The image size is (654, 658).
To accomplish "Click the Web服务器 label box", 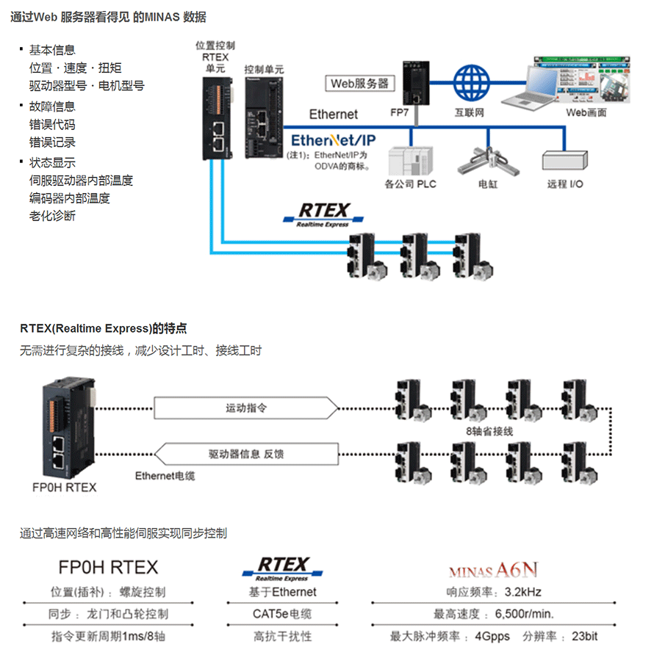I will coord(359,83).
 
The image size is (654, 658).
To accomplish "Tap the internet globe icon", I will coord(470,83).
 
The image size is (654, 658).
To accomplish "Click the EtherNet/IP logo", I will coord(334,140).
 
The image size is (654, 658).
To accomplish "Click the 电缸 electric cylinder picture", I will coord(486,159).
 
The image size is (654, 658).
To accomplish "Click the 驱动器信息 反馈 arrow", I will coord(246,454).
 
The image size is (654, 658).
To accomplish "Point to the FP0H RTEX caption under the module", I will coord(65,487).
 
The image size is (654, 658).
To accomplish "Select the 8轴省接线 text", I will coord(489,430).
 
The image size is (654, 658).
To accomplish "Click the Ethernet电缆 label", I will coord(165,476).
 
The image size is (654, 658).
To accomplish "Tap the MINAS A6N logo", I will coord(494,569).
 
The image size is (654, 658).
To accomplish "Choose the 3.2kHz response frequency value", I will coord(523,592).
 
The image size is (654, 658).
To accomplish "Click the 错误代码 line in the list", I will coord(52,125).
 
